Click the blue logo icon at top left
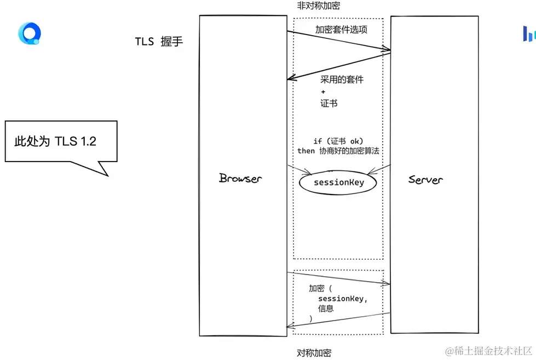coord(29,33)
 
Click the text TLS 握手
coord(159,42)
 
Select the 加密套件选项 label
coord(341,30)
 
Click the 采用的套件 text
coord(342,79)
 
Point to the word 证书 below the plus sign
coord(328,103)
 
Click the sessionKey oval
coord(338,182)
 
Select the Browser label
coord(240,178)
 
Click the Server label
coord(425,179)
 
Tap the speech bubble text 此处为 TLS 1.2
coord(55,141)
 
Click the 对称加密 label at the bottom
coord(314,352)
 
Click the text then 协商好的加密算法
coord(338,151)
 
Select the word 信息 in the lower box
coord(326,308)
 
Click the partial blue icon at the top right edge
coord(529,35)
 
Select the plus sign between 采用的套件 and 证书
coord(323,92)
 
